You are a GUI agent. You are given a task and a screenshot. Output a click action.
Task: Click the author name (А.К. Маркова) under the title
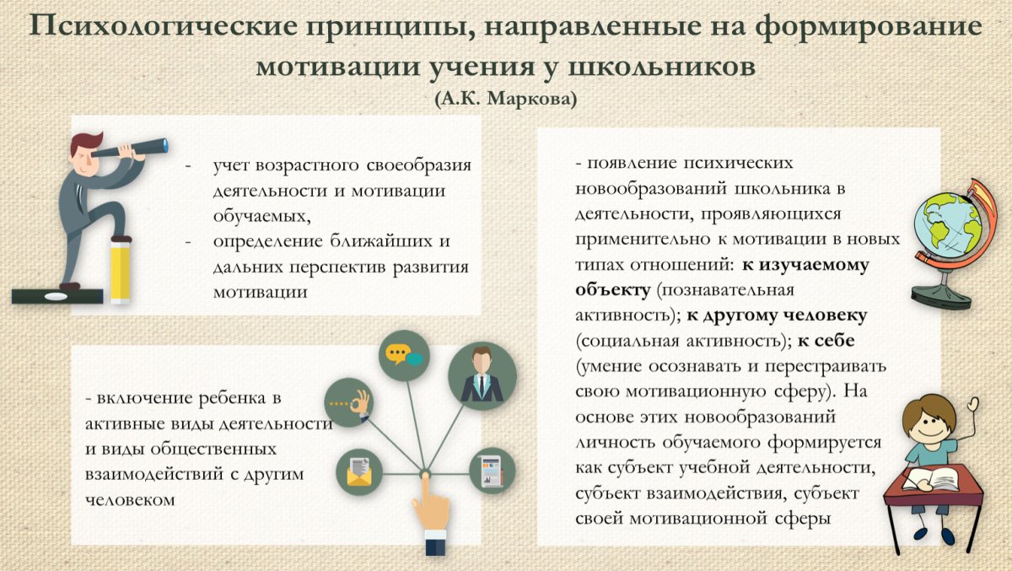(506, 99)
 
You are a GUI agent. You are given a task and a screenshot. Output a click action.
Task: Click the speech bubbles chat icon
(403, 355)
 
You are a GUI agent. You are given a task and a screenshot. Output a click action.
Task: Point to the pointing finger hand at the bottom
(429, 510)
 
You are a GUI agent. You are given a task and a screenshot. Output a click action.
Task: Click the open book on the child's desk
(930, 479)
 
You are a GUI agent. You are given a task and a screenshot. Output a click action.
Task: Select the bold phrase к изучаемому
(805, 266)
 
